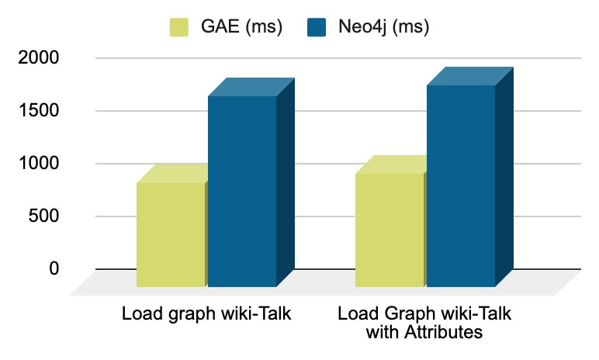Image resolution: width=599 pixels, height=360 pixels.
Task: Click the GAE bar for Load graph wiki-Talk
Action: pos(170,234)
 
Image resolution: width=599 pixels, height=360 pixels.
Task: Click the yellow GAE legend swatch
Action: pos(179,27)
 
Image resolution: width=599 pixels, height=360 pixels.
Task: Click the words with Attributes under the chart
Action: pos(425,334)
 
